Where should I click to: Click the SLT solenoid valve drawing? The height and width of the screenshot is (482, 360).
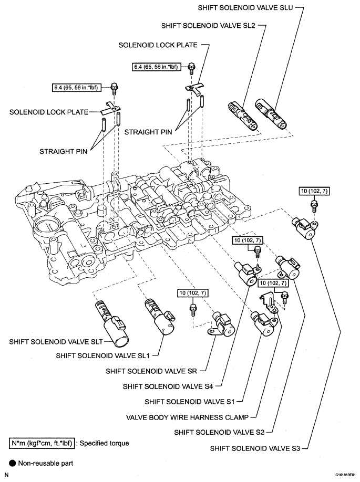110,326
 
